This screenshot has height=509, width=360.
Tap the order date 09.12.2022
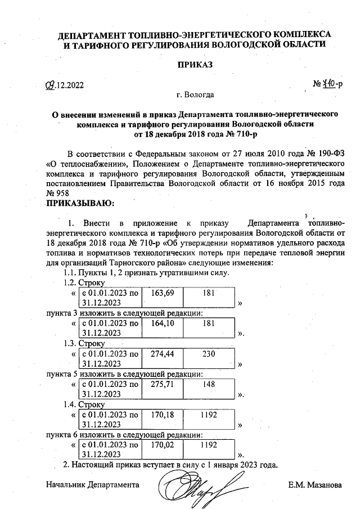click(x=64, y=85)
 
